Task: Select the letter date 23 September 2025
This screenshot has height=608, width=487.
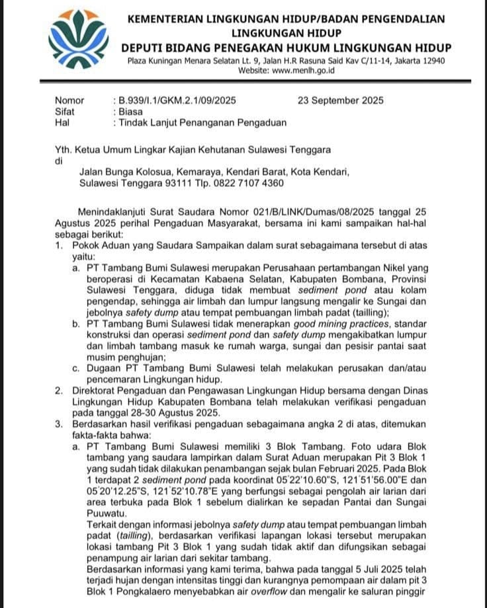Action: [340, 101]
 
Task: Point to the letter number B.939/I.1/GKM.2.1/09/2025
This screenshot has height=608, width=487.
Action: [177, 101]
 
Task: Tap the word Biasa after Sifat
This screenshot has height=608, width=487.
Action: [130, 112]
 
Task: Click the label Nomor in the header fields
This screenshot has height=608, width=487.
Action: [69, 101]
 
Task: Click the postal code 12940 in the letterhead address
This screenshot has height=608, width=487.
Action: [431, 61]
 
